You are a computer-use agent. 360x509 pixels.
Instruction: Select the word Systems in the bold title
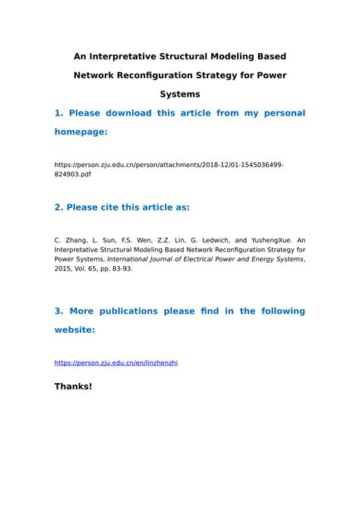tap(180, 94)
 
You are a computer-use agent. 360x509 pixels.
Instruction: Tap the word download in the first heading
tap(124, 113)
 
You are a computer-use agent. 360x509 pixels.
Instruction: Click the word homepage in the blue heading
tap(80, 132)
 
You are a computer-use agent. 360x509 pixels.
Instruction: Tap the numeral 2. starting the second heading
tap(58, 207)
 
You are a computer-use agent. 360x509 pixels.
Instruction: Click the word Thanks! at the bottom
tap(73, 387)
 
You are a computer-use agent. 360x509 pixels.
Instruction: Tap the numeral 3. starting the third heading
tap(58, 311)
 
